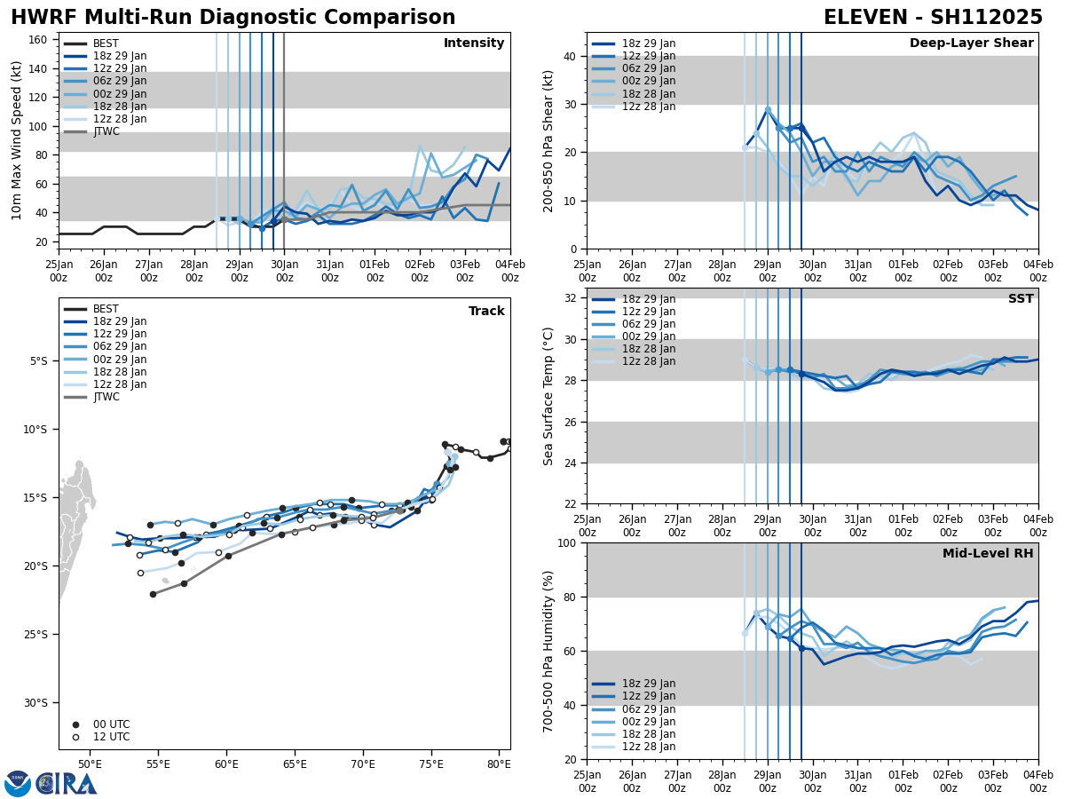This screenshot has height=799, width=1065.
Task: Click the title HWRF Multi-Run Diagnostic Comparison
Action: pyautogui.click(x=233, y=18)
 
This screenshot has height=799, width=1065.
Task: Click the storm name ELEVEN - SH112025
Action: pyautogui.click(x=933, y=18)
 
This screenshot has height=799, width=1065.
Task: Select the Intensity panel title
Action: pyautogui.click(x=474, y=44)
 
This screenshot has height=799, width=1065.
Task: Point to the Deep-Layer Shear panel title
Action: pyautogui.click(x=971, y=44)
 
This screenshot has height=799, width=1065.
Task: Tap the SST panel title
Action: pyautogui.click(x=1020, y=299)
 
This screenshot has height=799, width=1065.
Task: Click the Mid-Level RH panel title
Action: pyautogui.click(x=988, y=554)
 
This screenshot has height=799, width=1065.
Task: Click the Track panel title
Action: pyautogui.click(x=486, y=312)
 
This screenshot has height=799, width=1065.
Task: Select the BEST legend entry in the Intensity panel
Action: pyautogui.click(x=105, y=44)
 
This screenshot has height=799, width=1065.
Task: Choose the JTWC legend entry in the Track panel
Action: pyautogui.click(x=105, y=397)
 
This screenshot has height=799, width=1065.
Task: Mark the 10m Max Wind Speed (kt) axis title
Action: pyautogui.click(x=17, y=140)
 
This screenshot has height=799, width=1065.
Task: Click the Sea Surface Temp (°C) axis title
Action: pyautogui.click(x=549, y=396)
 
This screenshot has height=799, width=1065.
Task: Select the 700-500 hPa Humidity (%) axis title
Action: pyautogui.click(x=549, y=651)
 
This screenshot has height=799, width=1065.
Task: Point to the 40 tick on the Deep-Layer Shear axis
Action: pyautogui.click(x=571, y=56)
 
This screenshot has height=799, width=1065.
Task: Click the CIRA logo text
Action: pyautogui.click(x=67, y=784)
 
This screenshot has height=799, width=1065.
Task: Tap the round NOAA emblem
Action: pyautogui.click(x=18, y=784)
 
